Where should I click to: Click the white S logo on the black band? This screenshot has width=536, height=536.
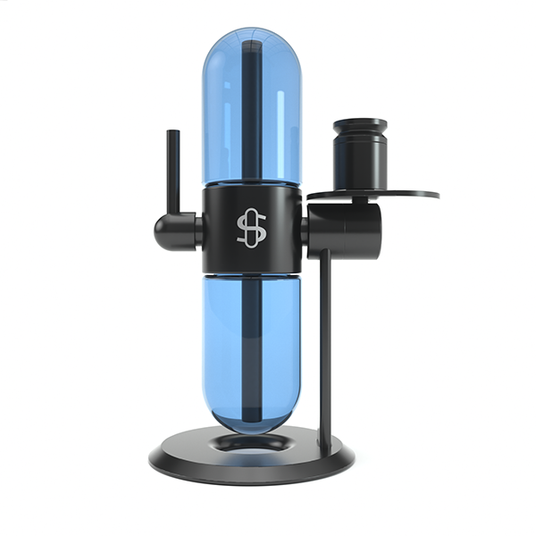252,229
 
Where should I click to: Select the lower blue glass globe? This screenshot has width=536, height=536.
223,348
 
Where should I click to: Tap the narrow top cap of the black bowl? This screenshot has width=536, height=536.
361,126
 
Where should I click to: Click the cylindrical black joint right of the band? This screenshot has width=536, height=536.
348,230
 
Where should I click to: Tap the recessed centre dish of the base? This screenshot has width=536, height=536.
253,441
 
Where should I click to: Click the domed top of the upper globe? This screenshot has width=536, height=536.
252,36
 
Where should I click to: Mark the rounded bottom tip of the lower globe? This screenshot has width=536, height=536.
252,423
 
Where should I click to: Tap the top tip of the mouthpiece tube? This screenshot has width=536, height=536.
172,133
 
